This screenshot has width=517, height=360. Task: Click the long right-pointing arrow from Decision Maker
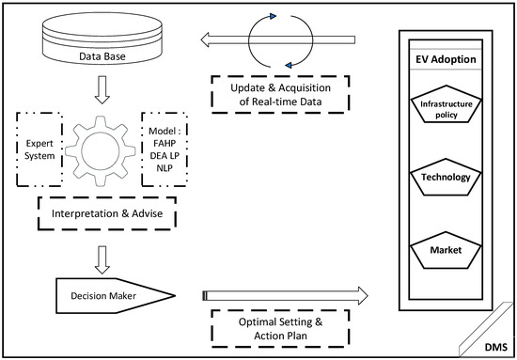(x=282, y=297)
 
